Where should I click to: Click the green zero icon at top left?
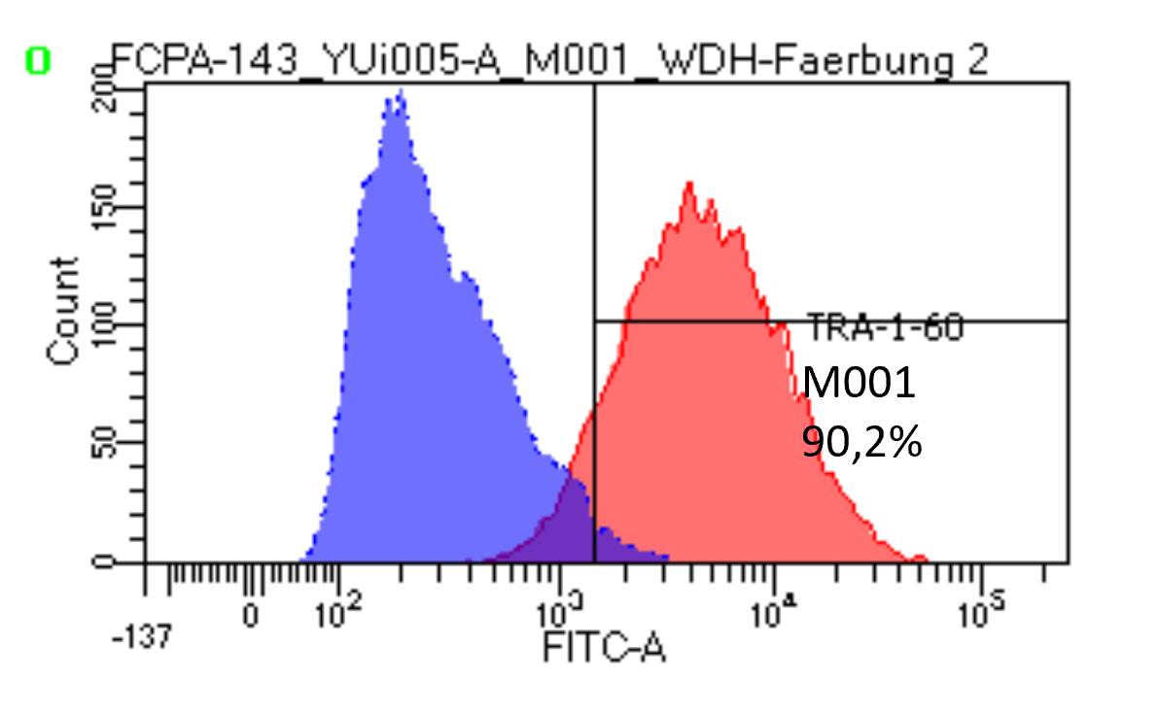click(x=37, y=61)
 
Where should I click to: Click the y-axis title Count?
click(x=64, y=312)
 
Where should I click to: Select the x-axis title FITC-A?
click(x=604, y=647)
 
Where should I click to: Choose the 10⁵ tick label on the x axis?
click(x=982, y=614)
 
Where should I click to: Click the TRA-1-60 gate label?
click(x=885, y=329)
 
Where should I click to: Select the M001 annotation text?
click(x=859, y=385)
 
